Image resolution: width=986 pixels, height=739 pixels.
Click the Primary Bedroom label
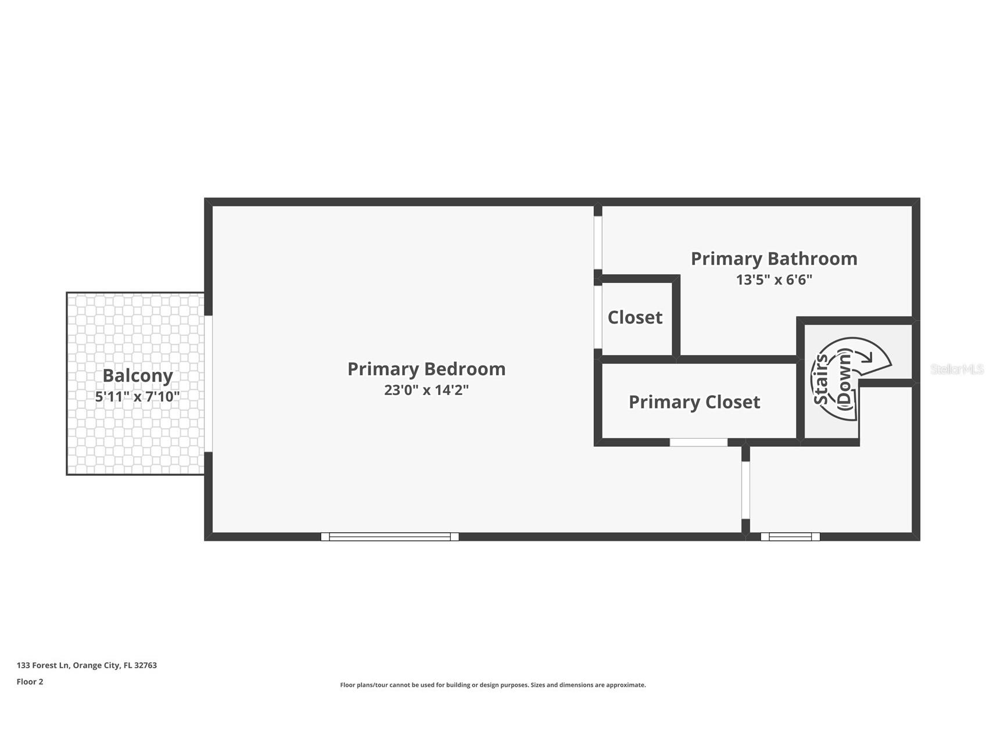tap(426, 369)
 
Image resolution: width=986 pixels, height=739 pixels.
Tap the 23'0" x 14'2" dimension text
tap(426, 390)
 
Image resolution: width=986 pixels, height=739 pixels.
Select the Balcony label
tap(138, 376)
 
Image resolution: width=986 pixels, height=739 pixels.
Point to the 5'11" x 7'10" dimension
tap(138, 397)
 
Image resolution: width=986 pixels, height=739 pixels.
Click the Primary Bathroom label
tap(774, 259)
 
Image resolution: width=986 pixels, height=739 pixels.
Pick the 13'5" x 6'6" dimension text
tap(774, 279)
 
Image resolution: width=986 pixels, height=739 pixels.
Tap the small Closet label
tap(635, 317)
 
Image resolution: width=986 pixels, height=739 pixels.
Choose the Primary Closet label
tap(694, 402)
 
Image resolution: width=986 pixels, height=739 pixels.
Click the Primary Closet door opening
tap(698, 443)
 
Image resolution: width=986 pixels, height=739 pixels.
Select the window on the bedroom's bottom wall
tap(390, 537)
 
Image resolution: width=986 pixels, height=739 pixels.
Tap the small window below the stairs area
tap(790, 537)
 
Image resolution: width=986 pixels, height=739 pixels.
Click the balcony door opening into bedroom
tap(209, 383)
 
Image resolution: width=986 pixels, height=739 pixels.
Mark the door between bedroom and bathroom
tap(598, 243)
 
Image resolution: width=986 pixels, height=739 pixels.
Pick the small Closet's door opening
tap(598, 317)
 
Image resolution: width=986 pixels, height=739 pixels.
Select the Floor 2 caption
tap(30, 681)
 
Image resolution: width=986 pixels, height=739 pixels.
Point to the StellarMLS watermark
tap(957, 369)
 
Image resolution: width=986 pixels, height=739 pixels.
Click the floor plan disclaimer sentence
tap(493, 685)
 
